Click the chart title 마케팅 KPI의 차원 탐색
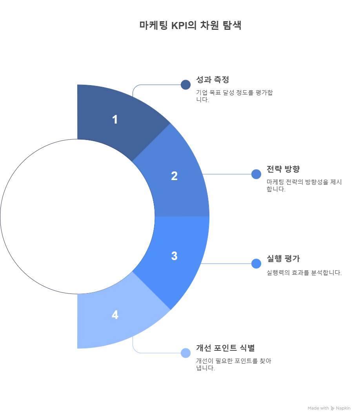coord(191,26)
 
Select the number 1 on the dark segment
coord(115,119)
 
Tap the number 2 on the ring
coord(174,176)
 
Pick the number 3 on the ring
coord(174,256)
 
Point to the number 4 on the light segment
coord(115,315)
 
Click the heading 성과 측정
coord(213,79)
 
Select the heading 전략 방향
coord(283,169)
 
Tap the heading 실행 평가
coord(283,259)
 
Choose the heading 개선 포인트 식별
coord(225,348)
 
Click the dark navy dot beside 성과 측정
coord(185,85)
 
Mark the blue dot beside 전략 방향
coord(256,174)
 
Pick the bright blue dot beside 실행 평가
coord(256,264)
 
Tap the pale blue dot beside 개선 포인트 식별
coord(185,353)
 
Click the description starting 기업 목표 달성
coord(235,96)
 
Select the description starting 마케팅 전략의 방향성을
coord(304,186)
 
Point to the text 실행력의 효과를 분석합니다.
coord(304,273)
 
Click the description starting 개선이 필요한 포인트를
coord(234,364)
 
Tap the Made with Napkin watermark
coord(329,408)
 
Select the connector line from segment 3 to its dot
coord(226,264)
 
